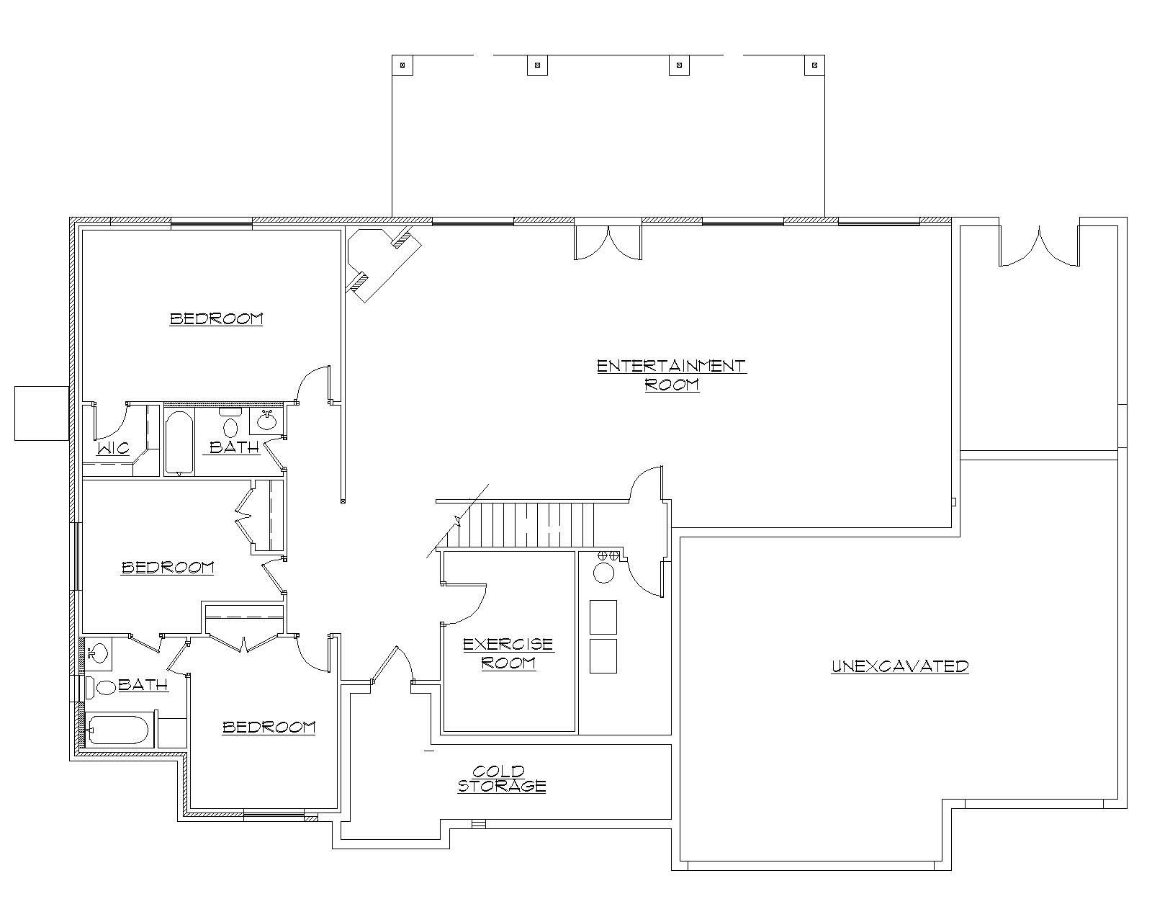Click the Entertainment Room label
(x=671, y=375)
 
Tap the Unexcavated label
(x=899, y=666)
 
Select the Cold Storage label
(x=502, y=779)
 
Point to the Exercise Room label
(x=508, y=653)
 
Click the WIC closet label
(x=113, y=448)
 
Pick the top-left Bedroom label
(x=216, y=318)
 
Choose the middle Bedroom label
(x=168, y=568)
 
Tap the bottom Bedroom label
(x=269, y=727)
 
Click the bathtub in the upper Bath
(x=178, y=442)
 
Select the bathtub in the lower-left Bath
(x=118, y=730)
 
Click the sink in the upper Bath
(x=267, y=419)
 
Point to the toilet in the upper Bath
(x=230, y=424)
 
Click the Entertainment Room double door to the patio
(x=608, y=242)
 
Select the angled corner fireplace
(x=378, y=263)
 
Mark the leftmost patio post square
(x=402, y=65)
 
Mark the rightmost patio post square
(x=814, y=65)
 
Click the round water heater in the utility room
(x=603, y=573)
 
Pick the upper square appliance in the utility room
(x=603, y=617)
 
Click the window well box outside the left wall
(x=42, y=413)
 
